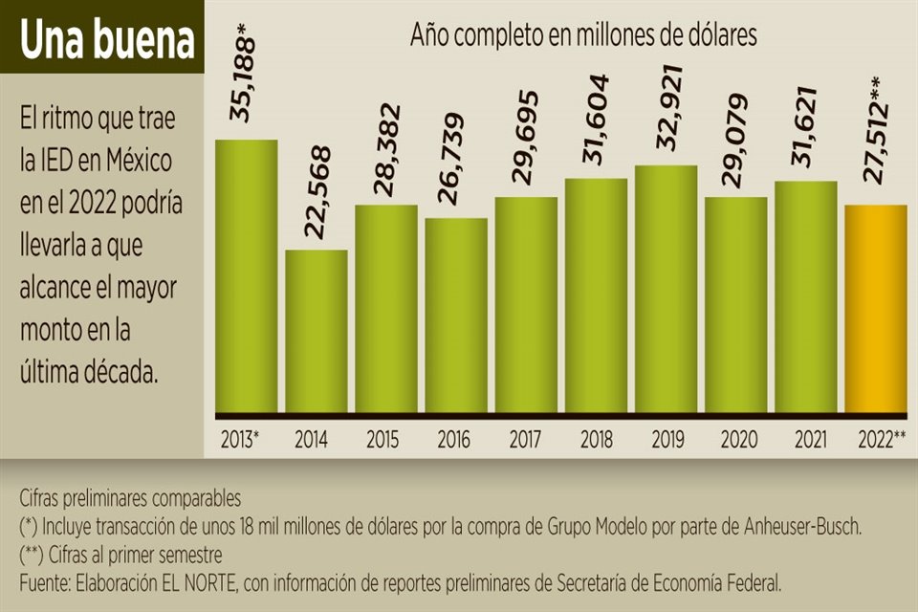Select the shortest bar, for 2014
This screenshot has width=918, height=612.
tap(317, 330)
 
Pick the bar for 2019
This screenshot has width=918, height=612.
tap(667, 288)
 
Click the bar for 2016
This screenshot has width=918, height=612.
tap(456, 315)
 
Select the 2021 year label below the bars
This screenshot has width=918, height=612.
tap(806, 441)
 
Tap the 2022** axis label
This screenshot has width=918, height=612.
tap(876, 441)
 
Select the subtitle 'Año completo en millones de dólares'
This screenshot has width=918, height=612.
tap(583, 35)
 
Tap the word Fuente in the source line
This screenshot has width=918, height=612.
tap(43, 581)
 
